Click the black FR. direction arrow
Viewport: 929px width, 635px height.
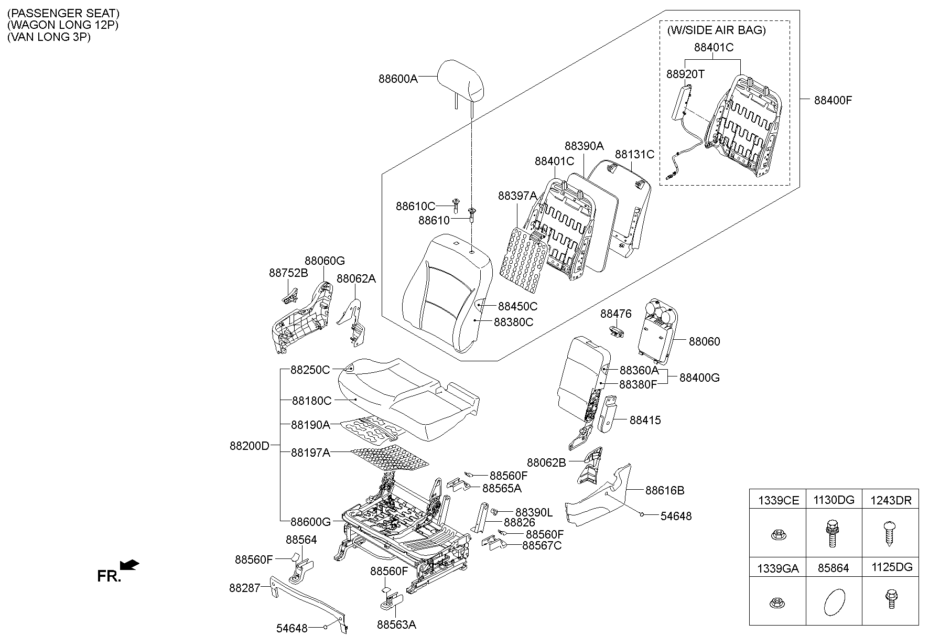[129, 565]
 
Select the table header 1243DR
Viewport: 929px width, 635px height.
[891, 501]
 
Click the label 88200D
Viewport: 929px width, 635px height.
[249, 446]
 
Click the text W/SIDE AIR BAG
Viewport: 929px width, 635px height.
[716, 30]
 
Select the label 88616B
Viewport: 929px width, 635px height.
[664, 491]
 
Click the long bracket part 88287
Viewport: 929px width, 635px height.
[309, 603]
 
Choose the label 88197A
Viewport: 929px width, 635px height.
[310, 453]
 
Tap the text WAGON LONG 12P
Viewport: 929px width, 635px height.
[63, 25]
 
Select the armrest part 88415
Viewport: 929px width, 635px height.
[606, 414]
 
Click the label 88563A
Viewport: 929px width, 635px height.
[396, 625]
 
